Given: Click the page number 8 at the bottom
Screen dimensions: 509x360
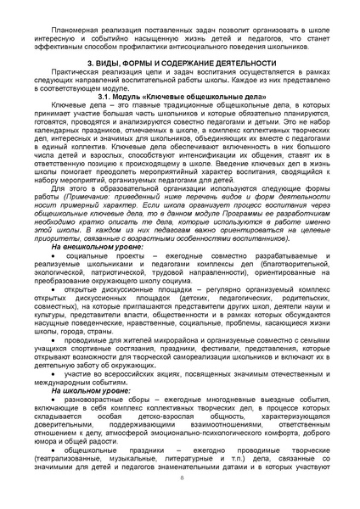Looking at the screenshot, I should pos(181,478).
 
